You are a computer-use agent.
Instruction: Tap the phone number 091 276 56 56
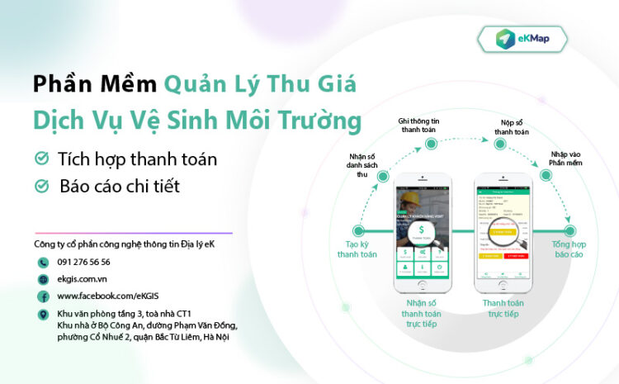pyautogui.click(x=84, y=262)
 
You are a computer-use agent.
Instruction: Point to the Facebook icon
pyautogui.click(x=42, y=296)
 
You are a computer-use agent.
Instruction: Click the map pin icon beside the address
pyautogui.click(x=42, y=315)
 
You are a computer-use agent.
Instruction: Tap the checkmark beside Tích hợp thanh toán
pyautogui.click(x=40, y=158)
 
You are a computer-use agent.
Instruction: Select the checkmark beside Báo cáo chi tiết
pyautogui.click(x=40, y=186)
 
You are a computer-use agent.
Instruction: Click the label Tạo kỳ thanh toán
pyautogui.click(x=357, y=249)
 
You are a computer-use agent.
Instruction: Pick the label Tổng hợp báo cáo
pyautogui.click(x=569, y=249)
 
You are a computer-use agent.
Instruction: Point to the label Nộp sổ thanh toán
pyautogui.click(x=512, y=126)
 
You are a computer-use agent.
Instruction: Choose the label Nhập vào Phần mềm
pyautogui.click(x=568, y=158)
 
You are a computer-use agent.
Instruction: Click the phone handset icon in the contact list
pyautogui.click(x=42, y=262)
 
